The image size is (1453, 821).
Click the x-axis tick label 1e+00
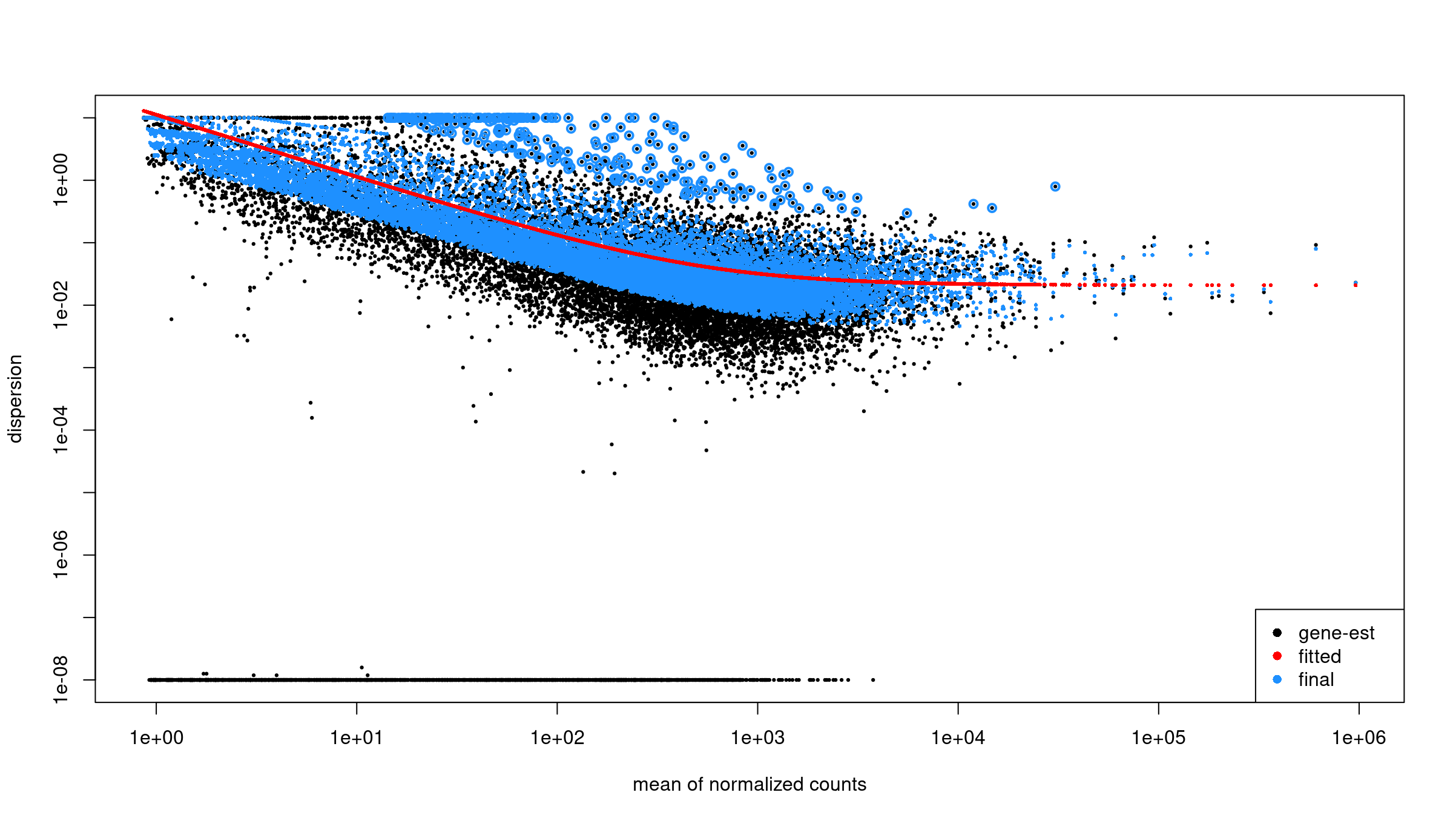tap(156, 737)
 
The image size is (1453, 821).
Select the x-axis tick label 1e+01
tap(357, 737)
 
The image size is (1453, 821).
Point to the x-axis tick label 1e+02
tap(557, 737)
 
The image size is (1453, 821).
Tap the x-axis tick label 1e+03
tap(757, 737)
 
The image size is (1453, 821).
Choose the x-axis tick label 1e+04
tap(958, 737)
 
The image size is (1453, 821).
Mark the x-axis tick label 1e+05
tap(1158, 737)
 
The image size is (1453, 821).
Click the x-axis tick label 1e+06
tap(1359, 737)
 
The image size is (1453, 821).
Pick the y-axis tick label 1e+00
tap(61, 180)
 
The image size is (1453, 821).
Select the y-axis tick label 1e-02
tap(61, 305)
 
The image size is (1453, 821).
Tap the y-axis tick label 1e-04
tap(61, 430)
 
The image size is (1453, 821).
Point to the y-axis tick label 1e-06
tap(61, 555)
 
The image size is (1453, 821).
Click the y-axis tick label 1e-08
tap(61, 679)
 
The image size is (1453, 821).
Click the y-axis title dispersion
tap(15, 398)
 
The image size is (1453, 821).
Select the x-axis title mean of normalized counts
tap(750, 785)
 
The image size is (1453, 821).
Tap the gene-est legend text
tap(1336, 633)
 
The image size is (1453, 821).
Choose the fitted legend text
tap(1320, 656)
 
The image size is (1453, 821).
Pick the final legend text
tap(1316, 680)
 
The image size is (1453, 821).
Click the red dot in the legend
tap(1277, 656)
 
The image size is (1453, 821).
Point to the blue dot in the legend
tap(1277, 679)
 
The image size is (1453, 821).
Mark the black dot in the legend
tap(1277, 633)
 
